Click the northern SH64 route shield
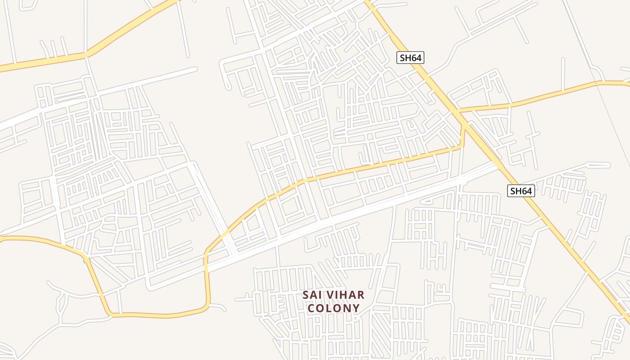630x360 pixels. click(410, 58)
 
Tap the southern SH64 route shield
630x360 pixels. click(521, 191)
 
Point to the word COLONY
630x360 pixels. click(333, 308)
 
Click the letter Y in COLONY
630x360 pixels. click(356, 308)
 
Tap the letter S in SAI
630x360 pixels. click(306, 295)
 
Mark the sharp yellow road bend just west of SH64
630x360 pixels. click(461, 145)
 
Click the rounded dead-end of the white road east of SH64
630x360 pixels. click(607, 165)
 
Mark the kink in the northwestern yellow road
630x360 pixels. click(85, 54)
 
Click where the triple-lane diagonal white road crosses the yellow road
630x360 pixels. click(225, 235)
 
